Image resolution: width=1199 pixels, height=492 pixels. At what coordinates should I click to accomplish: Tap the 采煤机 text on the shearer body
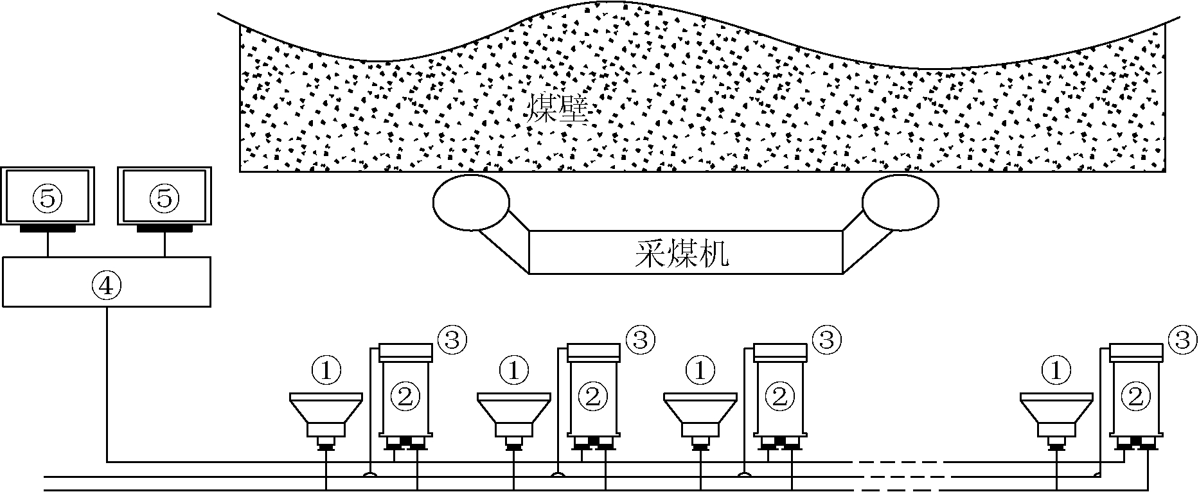682,254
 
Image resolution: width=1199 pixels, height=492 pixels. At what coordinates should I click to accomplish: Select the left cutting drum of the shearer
472,202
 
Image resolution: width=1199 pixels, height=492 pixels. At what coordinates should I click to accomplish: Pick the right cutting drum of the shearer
900,202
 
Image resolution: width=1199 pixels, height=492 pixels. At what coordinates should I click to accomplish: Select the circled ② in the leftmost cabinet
405,396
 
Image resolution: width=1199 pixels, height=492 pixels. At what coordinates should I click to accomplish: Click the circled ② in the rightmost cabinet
1136,396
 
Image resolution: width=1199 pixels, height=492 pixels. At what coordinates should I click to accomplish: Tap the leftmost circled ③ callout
452,340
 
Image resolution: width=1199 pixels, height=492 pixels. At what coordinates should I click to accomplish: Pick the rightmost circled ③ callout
1184,340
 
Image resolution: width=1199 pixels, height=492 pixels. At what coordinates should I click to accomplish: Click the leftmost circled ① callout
326,370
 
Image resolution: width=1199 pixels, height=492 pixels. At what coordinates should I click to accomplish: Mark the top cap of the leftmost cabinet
405,352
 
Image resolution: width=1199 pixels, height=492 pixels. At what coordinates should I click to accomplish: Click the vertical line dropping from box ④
107,383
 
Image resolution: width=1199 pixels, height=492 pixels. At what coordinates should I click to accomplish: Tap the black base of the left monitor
48,229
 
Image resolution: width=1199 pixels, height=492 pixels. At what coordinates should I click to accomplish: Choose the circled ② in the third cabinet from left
779,396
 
